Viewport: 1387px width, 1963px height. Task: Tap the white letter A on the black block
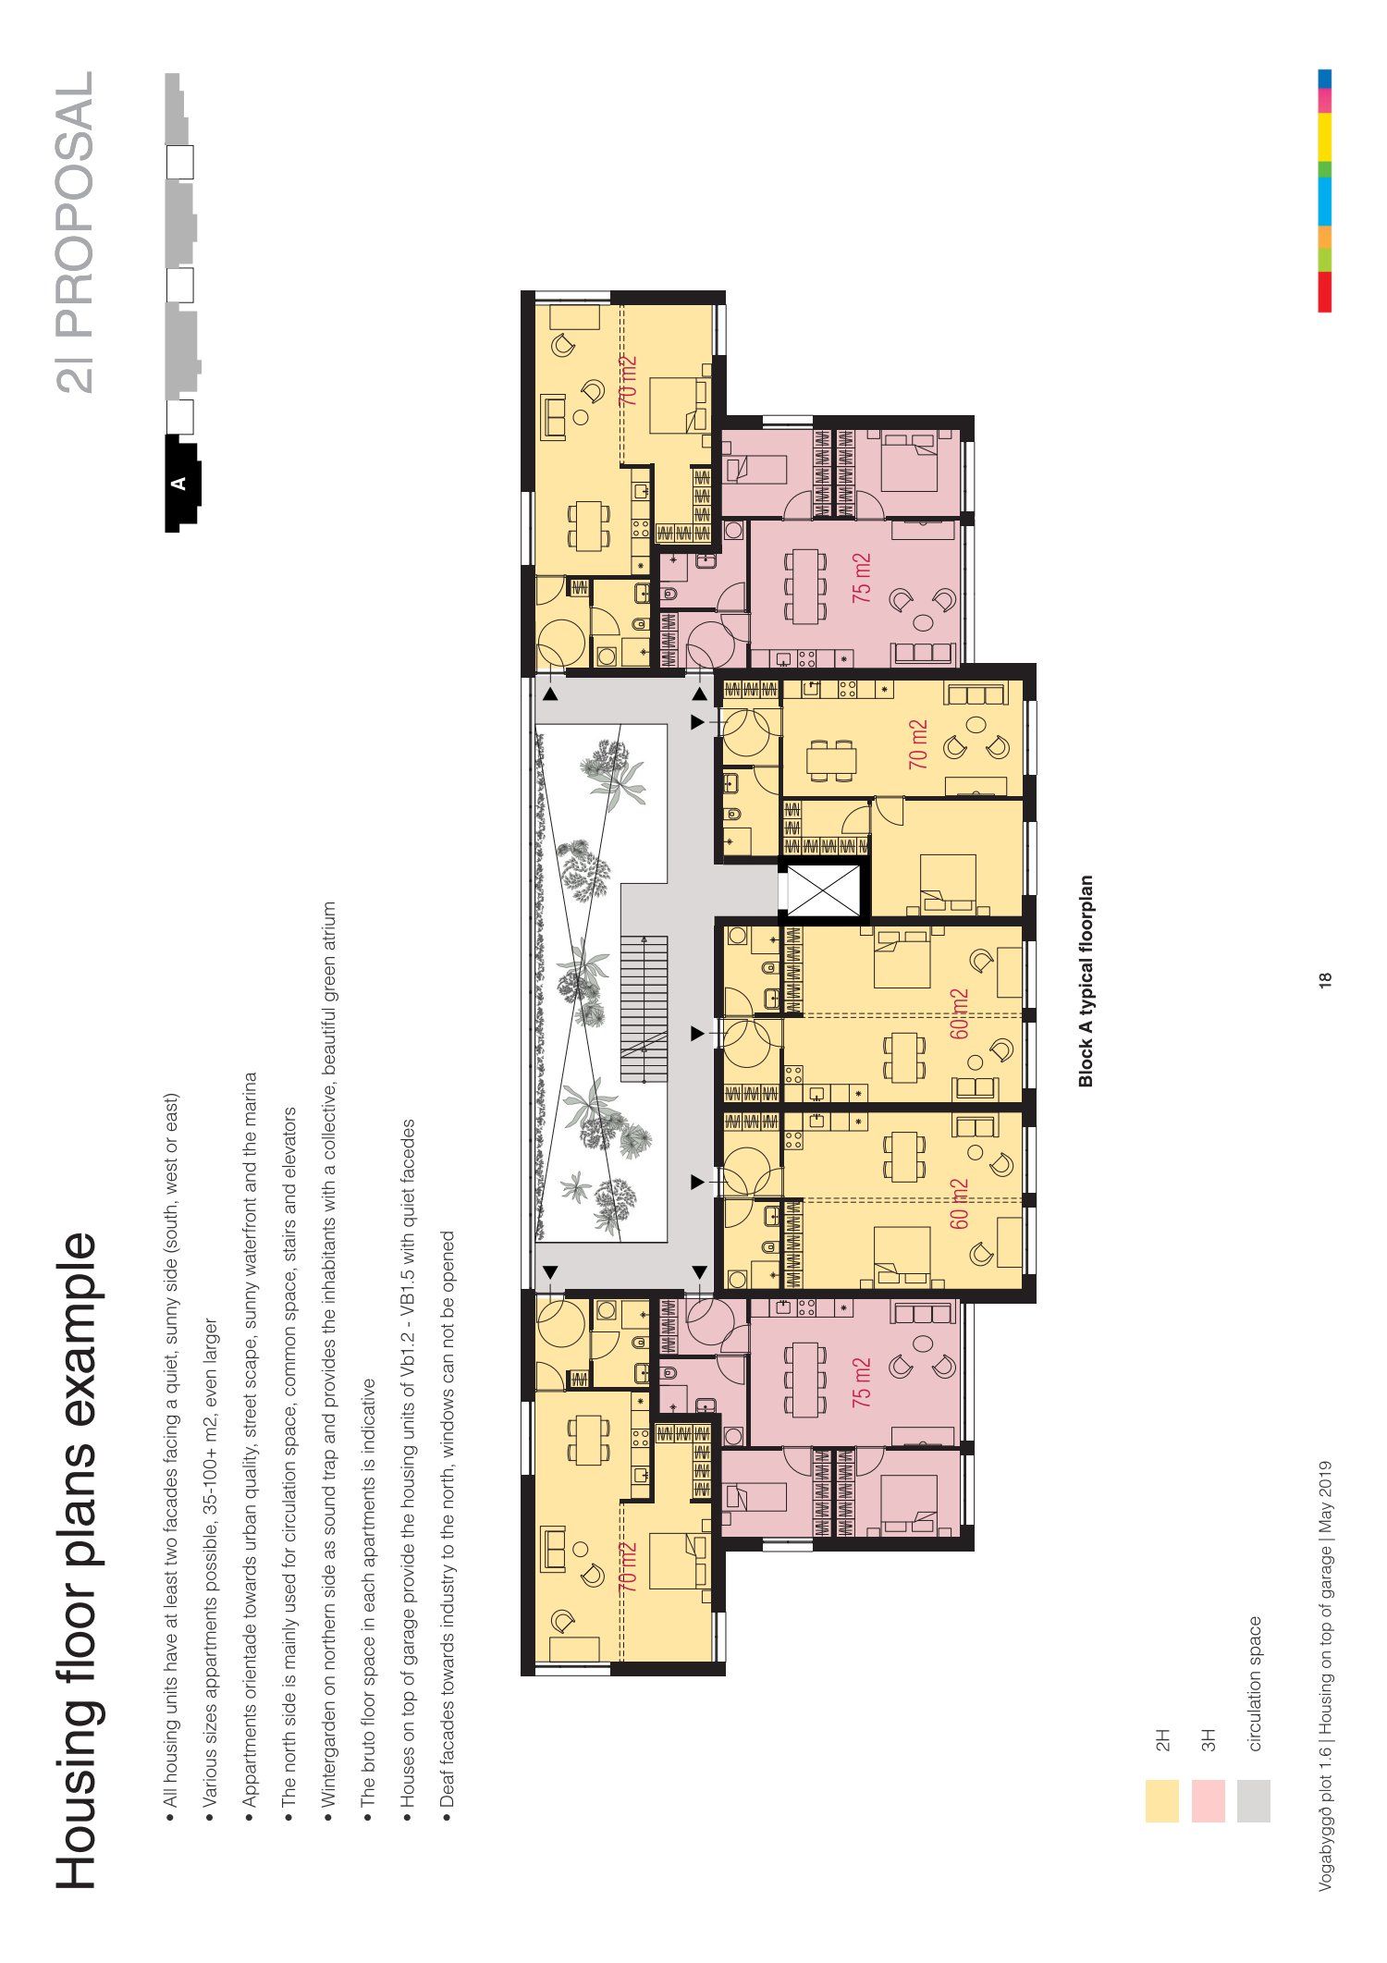178,483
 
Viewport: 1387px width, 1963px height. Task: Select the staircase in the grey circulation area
644,1009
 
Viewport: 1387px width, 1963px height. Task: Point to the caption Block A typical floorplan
1086,981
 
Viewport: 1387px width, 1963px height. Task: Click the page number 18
1325,980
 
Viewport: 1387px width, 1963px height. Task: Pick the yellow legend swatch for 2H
1161,1801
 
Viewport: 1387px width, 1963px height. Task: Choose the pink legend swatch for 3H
1208,1801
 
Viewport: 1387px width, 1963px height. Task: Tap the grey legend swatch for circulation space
1253,1801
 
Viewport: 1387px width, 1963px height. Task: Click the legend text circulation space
1255,1684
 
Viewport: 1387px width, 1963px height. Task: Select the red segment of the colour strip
1325,291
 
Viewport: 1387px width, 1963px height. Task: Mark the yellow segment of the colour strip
1325,137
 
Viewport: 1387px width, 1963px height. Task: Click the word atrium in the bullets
328,928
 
